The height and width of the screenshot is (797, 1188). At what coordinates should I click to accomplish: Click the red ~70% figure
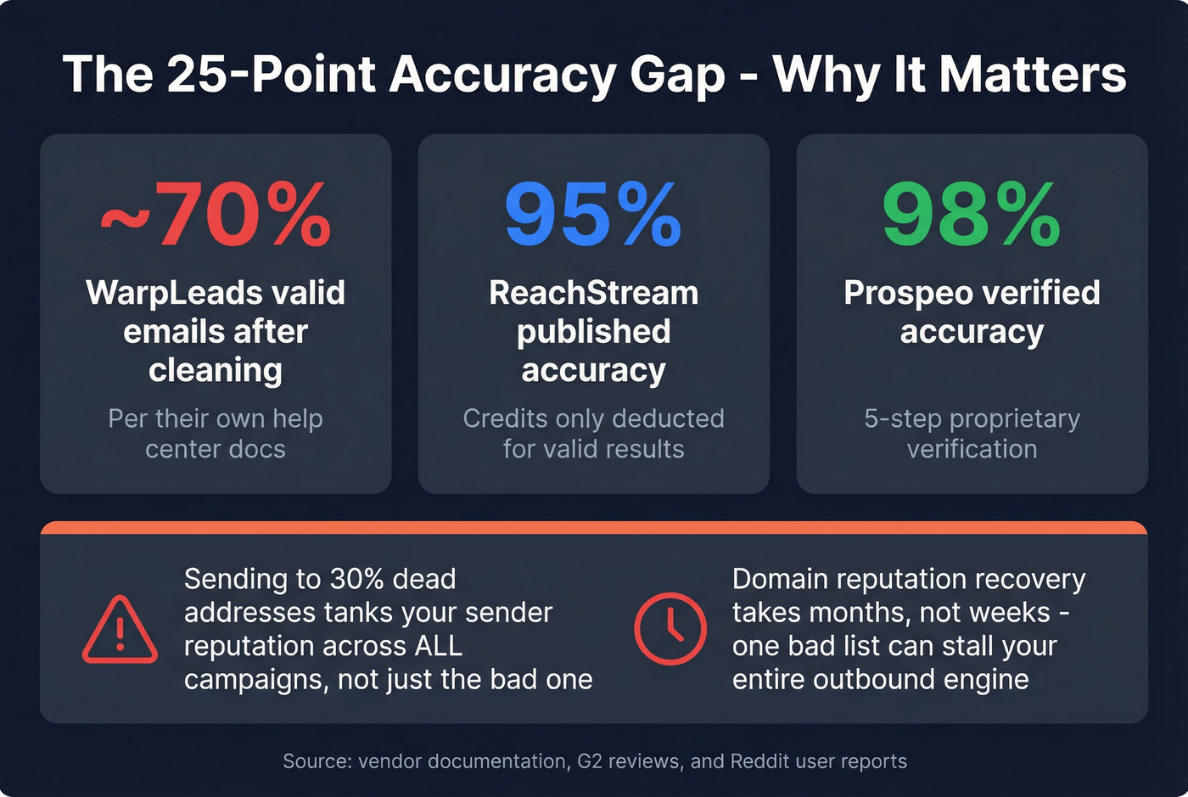tap(216, 216)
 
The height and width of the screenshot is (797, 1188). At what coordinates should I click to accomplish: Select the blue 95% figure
tap(593, 216)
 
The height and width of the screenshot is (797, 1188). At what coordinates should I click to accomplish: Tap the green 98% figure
tap(972, 216)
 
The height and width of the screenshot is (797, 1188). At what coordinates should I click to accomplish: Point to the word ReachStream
tap(593, 293)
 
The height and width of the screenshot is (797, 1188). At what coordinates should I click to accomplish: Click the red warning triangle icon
tap(120, 630)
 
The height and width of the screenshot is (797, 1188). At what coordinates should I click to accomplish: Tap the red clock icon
tap(670, 629)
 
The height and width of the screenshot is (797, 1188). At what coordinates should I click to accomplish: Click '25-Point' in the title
tap(272, 74)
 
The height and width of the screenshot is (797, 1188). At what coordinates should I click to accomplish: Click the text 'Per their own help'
tap(216, 418)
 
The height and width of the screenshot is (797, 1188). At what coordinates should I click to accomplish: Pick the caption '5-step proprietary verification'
tap(972, 434)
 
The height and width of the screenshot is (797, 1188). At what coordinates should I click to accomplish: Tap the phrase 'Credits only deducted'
tap(593, 418)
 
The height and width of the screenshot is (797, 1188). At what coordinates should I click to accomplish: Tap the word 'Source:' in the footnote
tap(317, 761)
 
